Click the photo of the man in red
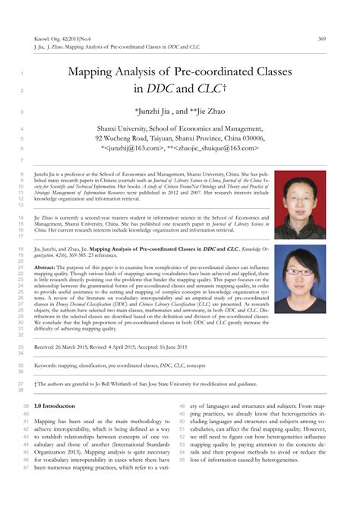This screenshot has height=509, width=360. coord(299,205)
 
